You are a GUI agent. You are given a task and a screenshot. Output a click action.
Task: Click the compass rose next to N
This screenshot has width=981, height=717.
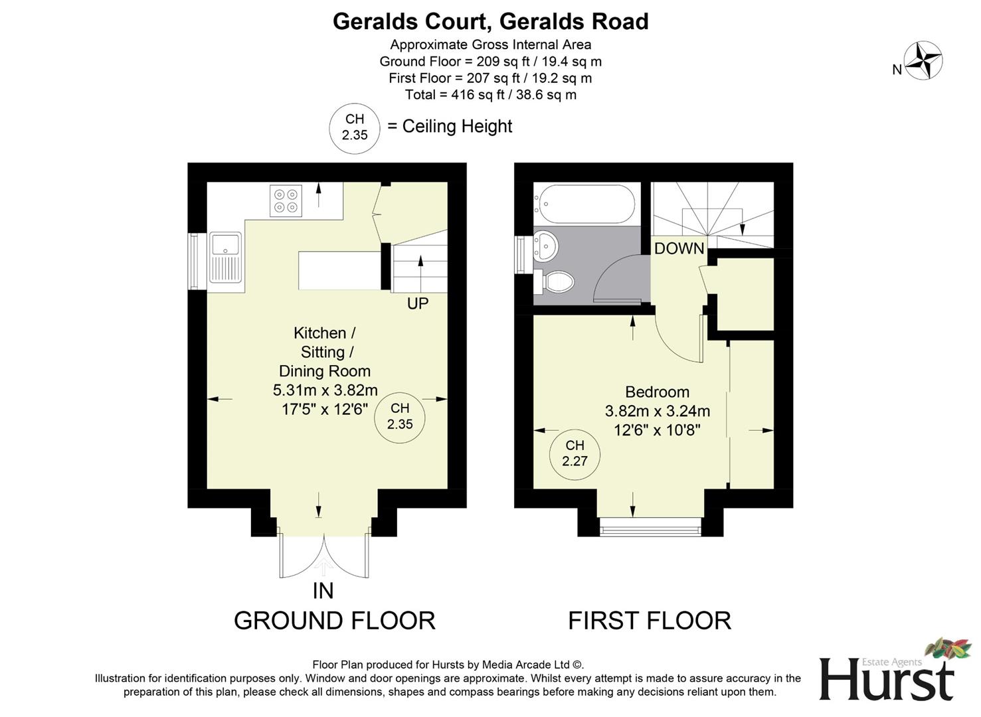click(x=923, y=60)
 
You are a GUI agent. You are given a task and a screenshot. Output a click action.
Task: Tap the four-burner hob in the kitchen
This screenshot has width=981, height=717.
click(x=286, y=200)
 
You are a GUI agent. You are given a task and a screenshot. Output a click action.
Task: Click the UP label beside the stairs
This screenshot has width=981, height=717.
click(x=418, y=303)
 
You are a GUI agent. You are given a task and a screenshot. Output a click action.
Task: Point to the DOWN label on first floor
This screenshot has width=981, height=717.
click(x=679, y=248)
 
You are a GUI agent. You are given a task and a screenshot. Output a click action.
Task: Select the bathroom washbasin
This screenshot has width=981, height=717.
click(x=546, y=246)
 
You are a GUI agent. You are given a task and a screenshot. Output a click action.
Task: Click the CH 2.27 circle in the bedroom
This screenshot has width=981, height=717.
click(x=575, y=453)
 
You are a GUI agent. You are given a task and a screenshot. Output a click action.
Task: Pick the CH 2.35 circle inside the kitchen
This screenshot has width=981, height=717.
click(x=400, y=416)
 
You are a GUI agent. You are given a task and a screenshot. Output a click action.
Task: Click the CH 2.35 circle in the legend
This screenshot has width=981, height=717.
click(x=355, y=127)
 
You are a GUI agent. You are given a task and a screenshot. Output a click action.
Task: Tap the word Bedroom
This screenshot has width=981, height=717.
click(x=657, y=392)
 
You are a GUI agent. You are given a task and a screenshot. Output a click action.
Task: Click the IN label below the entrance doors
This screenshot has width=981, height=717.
click(x=323, y=590)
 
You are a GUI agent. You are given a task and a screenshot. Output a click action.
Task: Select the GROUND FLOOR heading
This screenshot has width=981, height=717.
click(x=334, y=621)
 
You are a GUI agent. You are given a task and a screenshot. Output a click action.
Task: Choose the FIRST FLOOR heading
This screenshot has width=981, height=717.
click(x=649, y=621)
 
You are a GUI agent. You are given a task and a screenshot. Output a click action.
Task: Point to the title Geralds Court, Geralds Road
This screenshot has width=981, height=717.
click(x=490, y=22)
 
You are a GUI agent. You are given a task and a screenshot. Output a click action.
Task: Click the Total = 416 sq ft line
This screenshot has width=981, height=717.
click(x=490, y=95)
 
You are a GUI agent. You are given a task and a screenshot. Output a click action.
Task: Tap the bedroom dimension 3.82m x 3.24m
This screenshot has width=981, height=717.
click(x=657, y=411)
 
